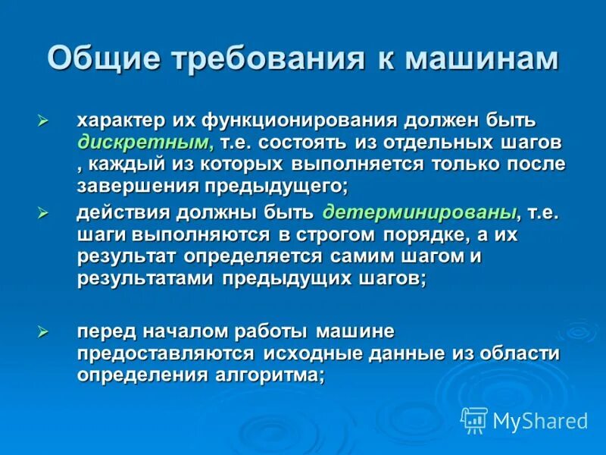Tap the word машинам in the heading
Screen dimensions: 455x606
(x=484, y=58)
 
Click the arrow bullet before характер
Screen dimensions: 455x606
(x=43, y=121)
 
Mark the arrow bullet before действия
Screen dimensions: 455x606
(x=43, y=214)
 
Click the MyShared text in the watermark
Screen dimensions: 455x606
(x=540, y=421)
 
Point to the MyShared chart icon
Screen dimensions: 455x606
(x=474, y=419)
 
